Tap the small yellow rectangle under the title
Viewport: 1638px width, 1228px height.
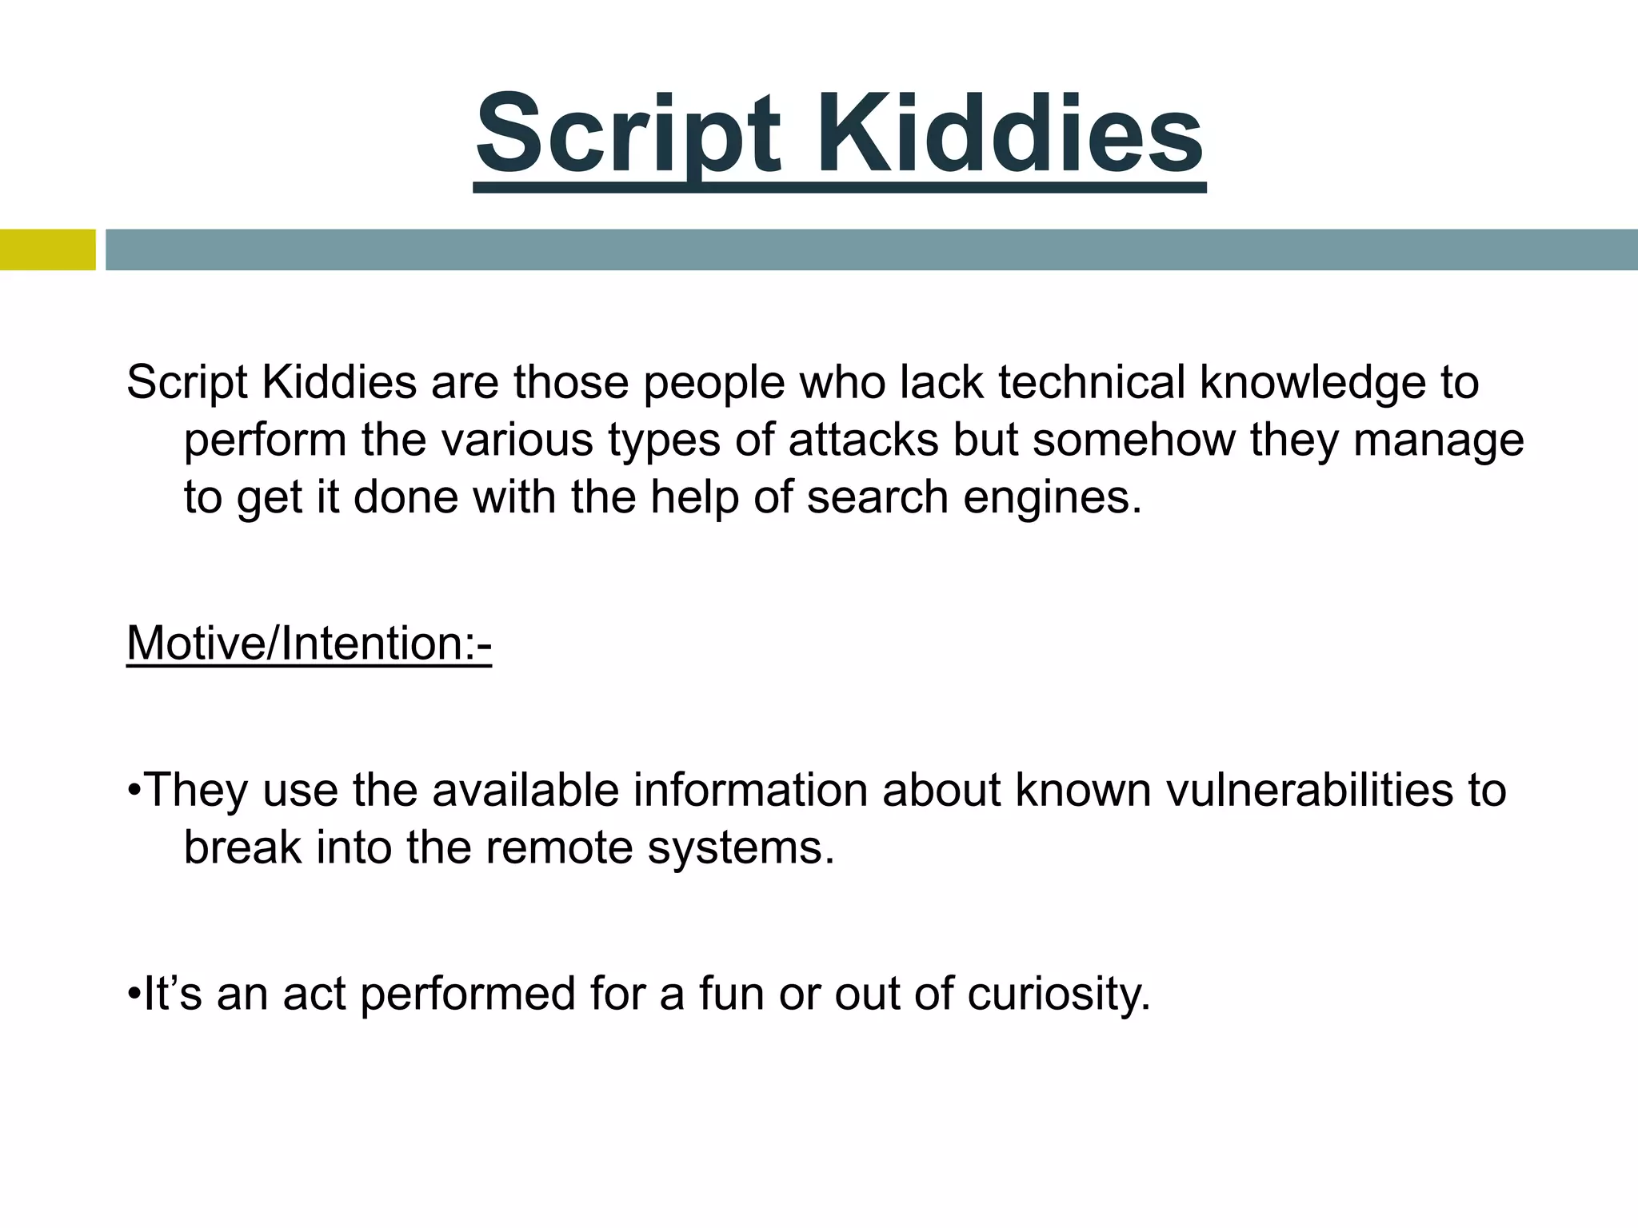pyautogui.click(x=47, y=249)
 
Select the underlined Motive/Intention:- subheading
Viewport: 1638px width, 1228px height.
pyautogui.click(x=309, y=643)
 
